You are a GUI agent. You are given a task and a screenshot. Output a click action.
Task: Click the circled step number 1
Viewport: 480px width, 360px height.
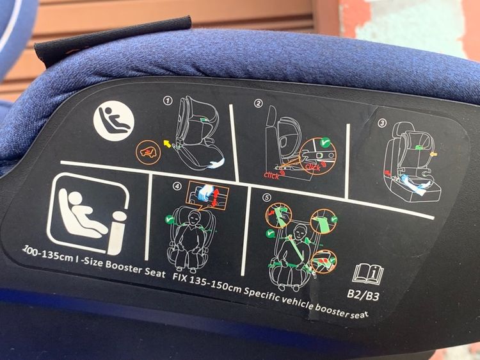pyautogui.click(x=168, y=101)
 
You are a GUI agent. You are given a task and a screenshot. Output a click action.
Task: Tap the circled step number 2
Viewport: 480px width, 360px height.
pyautogui.click(x=259, y=103)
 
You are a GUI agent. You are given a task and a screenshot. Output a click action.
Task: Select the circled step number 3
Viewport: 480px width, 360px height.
pyautogui.click(x=382, y=122)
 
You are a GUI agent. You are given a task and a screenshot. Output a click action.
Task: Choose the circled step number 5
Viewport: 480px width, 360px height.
pyautogui.click(x=266, y=197)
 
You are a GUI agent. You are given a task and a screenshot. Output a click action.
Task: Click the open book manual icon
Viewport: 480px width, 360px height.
pyautogui.click(x=368, y=274)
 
